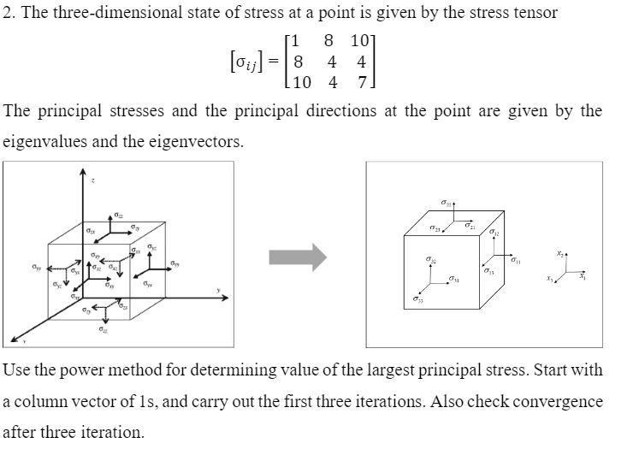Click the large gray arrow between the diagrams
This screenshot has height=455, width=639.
[x=298, y=256]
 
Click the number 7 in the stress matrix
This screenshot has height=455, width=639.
[x=362, y=83]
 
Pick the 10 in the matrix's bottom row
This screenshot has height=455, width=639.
[x=300, y=83]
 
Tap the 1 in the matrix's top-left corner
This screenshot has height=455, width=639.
[x=295, y=41]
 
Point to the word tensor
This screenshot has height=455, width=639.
[x=536, y=13]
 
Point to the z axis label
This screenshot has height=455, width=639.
[x=93, y=180]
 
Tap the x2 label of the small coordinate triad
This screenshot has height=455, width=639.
[x=560, y=254]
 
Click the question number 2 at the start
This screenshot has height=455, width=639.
[x=7, y=13]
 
